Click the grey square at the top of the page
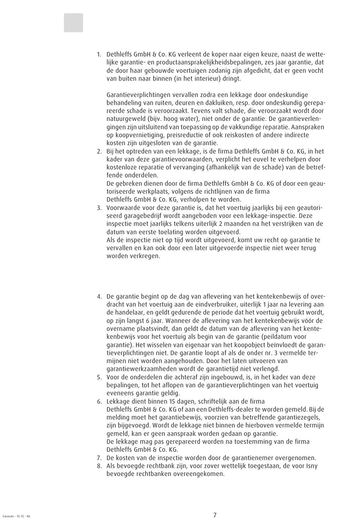point(73,23)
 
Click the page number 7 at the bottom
point(215,515)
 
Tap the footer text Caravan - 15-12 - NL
point(16,516)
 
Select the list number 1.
point(99,55)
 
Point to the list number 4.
point(99,296)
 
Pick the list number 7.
point(99,458)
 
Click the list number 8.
point(99,466)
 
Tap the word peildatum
point(281,337)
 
